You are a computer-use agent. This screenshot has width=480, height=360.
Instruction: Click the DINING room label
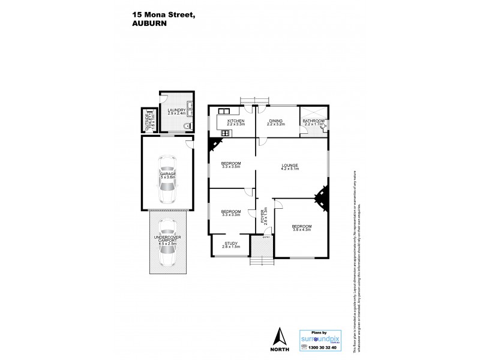tap(275, 121)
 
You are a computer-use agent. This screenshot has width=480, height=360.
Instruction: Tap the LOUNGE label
tap(290, 166)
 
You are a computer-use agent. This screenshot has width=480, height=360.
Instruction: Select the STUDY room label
tap(231, 243)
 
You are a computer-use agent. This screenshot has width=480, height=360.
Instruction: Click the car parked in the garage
tap(167, 179)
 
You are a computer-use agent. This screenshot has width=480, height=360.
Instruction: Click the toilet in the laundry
tap(187, 125)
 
